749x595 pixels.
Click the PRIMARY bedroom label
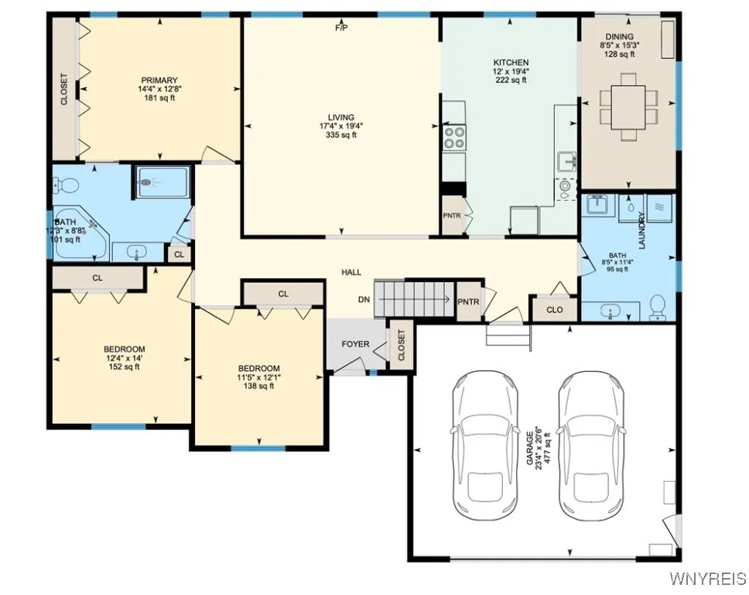click(159, 81)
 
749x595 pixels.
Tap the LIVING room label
click(341, 117)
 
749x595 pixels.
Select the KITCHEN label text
click(511, 63)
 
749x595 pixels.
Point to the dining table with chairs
click(628, 107)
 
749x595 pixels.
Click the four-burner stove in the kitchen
click(454, 137)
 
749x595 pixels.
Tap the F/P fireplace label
click(341, 28)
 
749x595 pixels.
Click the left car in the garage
click(485, 445)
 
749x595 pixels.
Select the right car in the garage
click(592, 445)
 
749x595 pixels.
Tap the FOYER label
click(355, 344)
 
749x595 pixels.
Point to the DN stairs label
click(364, 300)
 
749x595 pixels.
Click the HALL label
click(351, 272)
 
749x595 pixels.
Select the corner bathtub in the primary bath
click(80, 233)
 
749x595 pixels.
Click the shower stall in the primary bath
click(162, 182)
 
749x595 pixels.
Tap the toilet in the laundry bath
click(658, 308)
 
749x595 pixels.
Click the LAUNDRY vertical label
click(641, 230)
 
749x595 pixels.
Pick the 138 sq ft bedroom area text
click(259, 386)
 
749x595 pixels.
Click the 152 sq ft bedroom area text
click(125, 367)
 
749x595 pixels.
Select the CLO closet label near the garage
click(555, 310)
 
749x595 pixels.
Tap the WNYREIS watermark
click(709, 579)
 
